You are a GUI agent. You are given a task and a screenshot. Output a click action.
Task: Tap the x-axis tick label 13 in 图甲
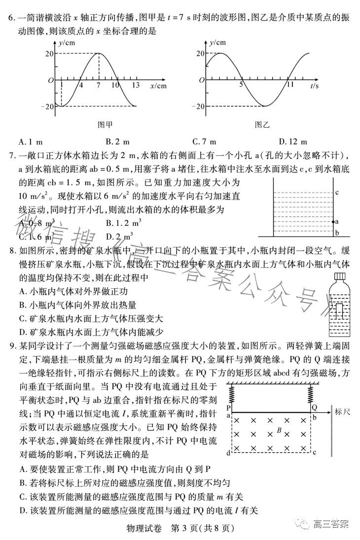136,85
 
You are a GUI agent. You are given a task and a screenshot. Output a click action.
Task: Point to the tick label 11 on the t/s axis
290,85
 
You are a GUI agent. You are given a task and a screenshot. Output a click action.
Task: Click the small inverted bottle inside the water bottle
340,311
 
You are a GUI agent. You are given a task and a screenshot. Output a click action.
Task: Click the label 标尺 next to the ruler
341,412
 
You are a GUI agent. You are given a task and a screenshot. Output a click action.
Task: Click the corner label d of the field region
228,453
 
